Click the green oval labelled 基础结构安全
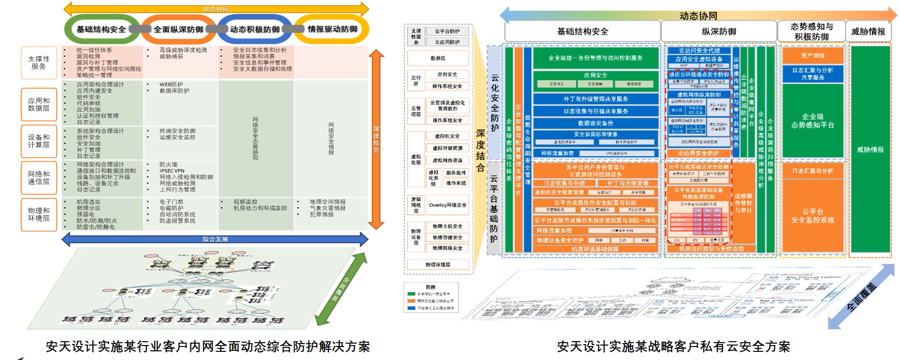(101, 29)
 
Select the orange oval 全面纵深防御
(178, 29)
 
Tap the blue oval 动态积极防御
(255, 29)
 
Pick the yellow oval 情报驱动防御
(332, 29)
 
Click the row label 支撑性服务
(39, 63)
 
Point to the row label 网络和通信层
(39, 178)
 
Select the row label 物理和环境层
(39, 214)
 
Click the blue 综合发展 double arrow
(215, 239)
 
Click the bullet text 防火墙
(168, 164)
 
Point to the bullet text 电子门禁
(171, 202)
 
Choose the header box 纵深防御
(718, 32)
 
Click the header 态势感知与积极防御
(811, 32)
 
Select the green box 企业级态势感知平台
(812, 120)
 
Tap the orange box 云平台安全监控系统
(812, 216)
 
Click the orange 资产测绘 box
(812, 55)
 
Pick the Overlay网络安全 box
(447, 205)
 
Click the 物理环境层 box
(438, 265)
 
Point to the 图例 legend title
(430, 287)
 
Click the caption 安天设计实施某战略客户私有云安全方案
(673, 347)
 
